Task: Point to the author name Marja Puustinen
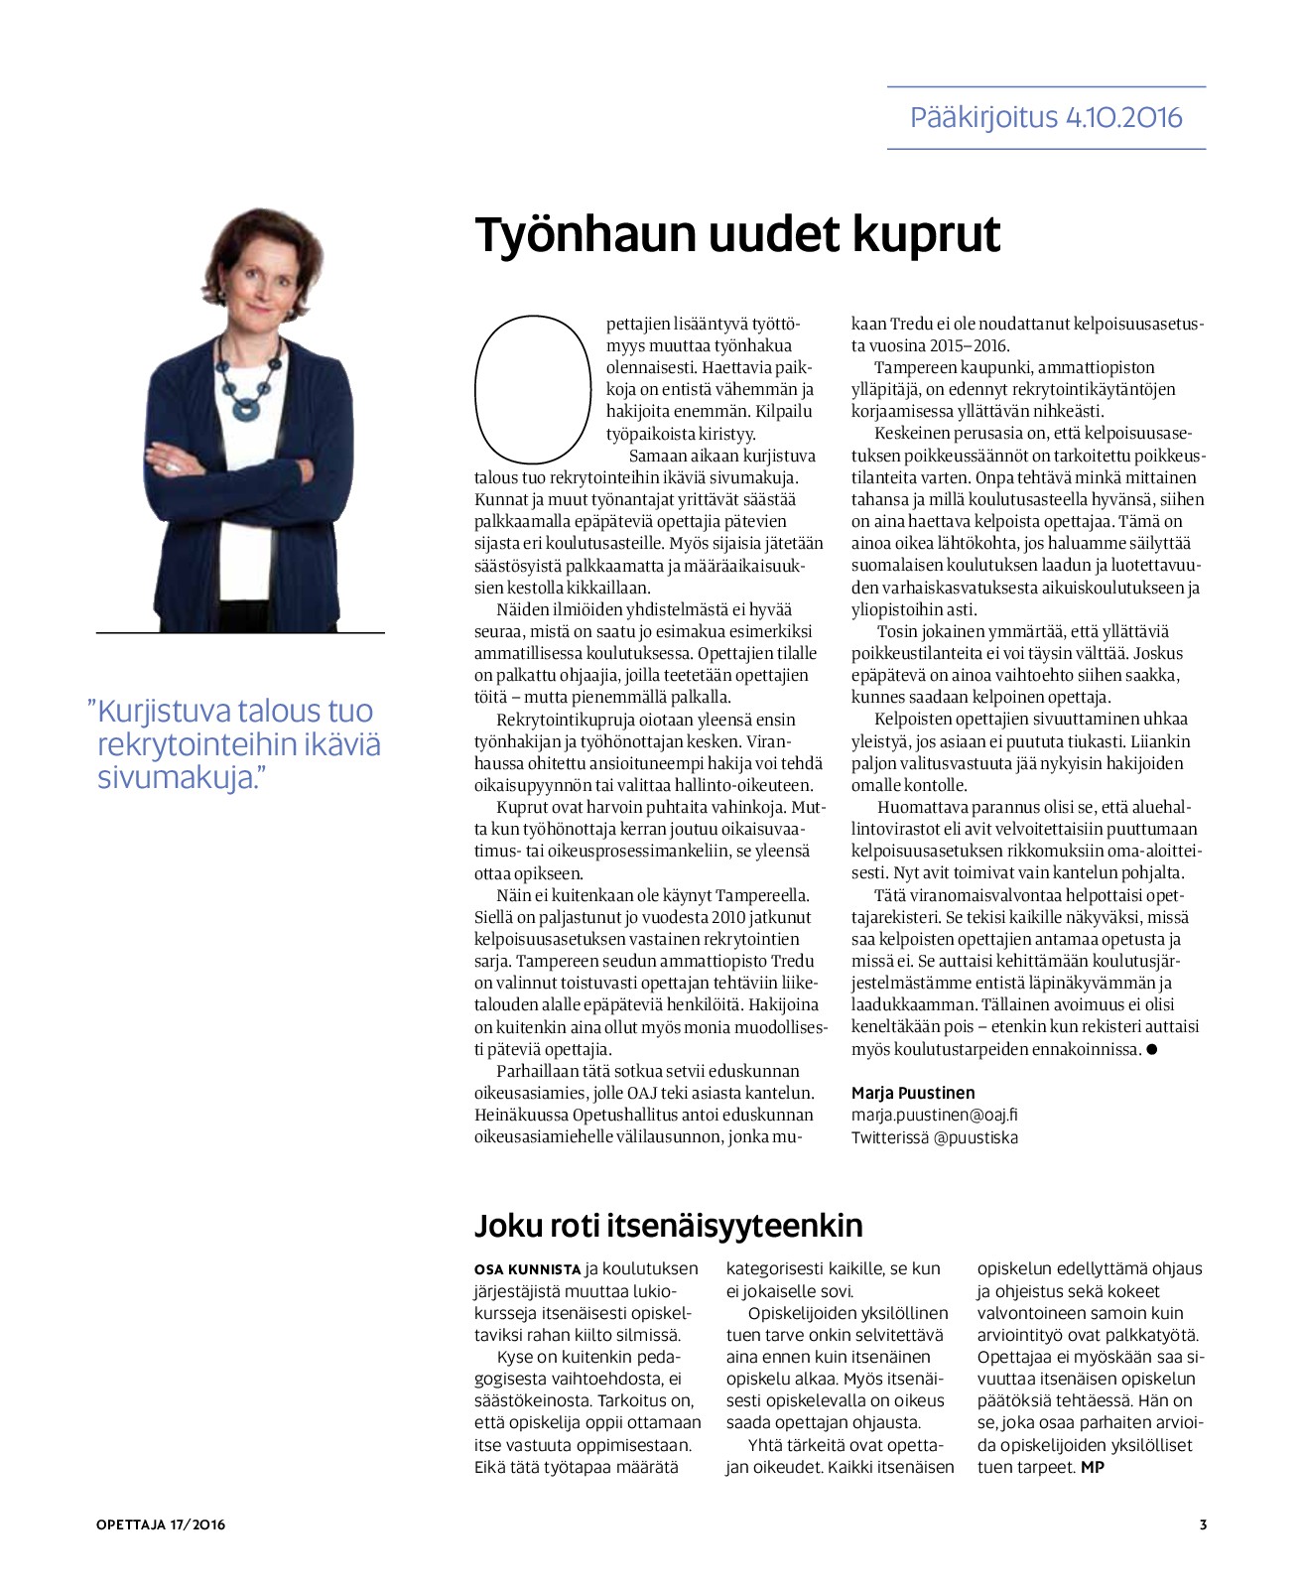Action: click(x=913, y=1093)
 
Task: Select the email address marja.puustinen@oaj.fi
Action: click(x=934, y=1115)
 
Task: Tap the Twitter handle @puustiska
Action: click(x=976, y=1137)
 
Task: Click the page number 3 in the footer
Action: click(x=1203, y=1524)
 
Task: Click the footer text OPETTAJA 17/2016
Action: click(x=161, y=1524)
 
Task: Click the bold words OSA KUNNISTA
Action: click(x=527, y=1269)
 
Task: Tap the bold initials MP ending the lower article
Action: click(x=1092, y=1467)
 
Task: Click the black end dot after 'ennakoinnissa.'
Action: click(x=1151, y=1049)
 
